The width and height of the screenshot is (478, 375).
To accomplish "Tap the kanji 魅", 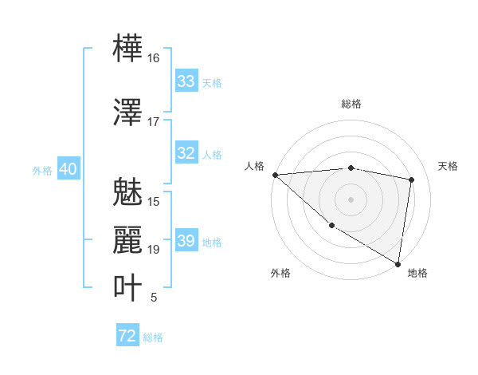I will [x=127, y=193].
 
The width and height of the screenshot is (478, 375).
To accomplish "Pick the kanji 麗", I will [x=127, y=240].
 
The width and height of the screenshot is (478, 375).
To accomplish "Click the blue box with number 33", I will [x=186, y=81].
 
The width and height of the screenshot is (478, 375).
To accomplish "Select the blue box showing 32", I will [x=186, y=153].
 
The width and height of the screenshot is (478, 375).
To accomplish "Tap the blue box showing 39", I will [x=186, y=241].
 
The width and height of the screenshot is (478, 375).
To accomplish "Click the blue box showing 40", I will [x=67, y=169].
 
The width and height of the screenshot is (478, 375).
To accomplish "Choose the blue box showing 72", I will [x=127, y=336].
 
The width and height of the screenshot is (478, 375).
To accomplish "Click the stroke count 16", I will [x=154, y=58].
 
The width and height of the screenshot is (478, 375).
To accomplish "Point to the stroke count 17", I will [x=154, y=122].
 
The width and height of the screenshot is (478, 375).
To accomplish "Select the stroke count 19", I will [x=154, y=250].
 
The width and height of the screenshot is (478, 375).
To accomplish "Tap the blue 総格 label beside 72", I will [x=153, y=337].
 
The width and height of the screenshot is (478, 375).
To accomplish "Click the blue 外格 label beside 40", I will [x=41, y=170].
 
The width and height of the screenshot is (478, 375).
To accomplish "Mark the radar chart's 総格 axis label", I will [x=351, y=104].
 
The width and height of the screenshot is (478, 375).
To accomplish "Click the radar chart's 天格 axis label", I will [x=448, y=166].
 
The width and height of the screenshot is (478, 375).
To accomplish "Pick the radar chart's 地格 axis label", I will [x=417, y=273].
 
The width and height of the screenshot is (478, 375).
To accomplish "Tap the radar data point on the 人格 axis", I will [x=275, y=175].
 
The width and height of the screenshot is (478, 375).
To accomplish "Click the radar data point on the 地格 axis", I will [x=397, y=262].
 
